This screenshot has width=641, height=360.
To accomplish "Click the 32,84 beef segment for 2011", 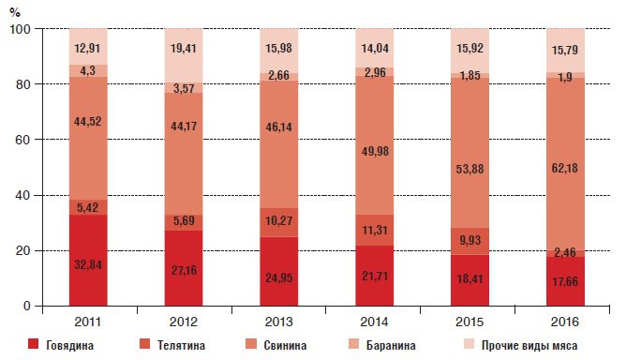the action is pos(88,261).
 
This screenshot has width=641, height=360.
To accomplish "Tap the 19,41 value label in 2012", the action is pos(184,49).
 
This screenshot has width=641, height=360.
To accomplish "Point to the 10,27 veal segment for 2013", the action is pos(279,222).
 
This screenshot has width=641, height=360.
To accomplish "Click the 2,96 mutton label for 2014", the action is pos(375,72).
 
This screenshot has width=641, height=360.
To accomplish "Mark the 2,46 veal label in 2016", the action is pos(565,252).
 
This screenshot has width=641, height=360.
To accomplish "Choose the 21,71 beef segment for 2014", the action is pos(375,276).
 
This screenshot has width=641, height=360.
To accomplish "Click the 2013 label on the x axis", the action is pos(278,322).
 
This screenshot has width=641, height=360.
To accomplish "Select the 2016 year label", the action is pos(564,322).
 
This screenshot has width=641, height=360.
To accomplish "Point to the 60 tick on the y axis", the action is pos(22,140).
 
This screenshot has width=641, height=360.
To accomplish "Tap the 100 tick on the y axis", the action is pos(20,29).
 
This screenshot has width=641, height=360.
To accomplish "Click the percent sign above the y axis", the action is pos(15,12).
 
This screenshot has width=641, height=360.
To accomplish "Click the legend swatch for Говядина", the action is pos(33,344).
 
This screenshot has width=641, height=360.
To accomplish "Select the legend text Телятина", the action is pos(181,345).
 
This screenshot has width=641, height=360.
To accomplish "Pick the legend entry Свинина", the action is pos(276,345).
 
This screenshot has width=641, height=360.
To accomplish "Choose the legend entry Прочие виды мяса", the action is pos(521,345).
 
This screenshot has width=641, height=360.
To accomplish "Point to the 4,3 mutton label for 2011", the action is pos(87,70).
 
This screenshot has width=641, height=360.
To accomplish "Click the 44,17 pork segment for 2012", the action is pos(184,154).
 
